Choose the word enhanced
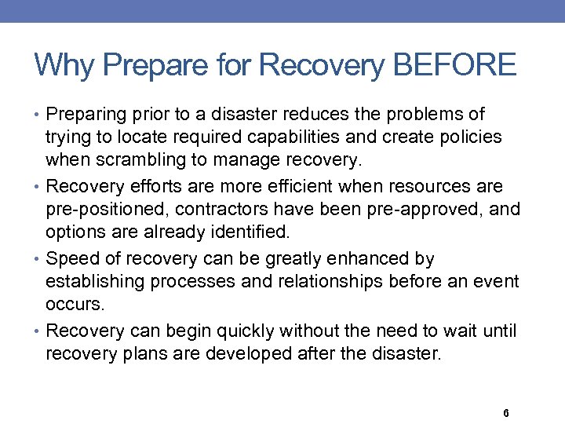369,258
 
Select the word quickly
240,330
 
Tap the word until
500,330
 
